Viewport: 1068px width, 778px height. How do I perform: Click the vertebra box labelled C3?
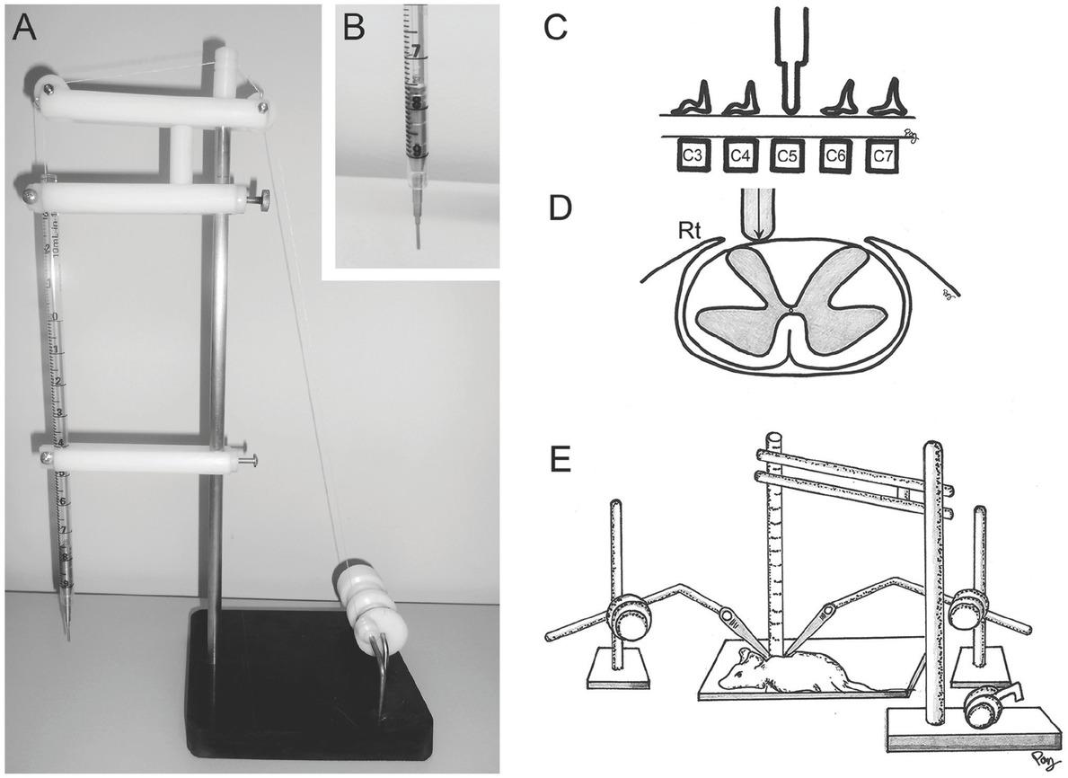692,155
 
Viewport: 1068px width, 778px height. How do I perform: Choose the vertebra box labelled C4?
740,155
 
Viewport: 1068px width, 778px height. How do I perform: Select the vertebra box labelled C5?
788,155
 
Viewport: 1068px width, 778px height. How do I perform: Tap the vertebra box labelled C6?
836,155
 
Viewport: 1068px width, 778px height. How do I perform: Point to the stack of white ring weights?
368,597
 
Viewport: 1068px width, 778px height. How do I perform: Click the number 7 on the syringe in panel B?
416,53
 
